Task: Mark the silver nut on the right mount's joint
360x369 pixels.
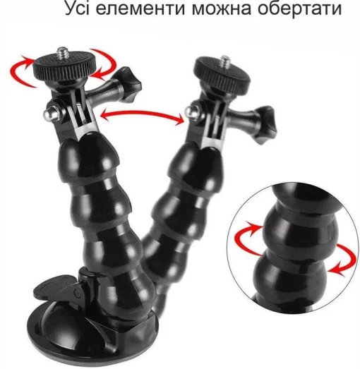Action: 189,109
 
